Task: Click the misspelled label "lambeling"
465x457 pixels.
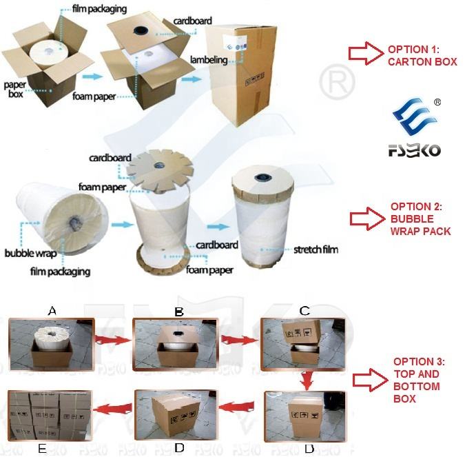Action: [209, 60]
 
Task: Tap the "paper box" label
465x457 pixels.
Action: [15, 90]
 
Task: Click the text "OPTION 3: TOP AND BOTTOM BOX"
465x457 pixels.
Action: [419, 380]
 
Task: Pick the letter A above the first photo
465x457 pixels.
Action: [52, 312]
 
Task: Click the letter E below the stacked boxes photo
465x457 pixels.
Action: [43, 449]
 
